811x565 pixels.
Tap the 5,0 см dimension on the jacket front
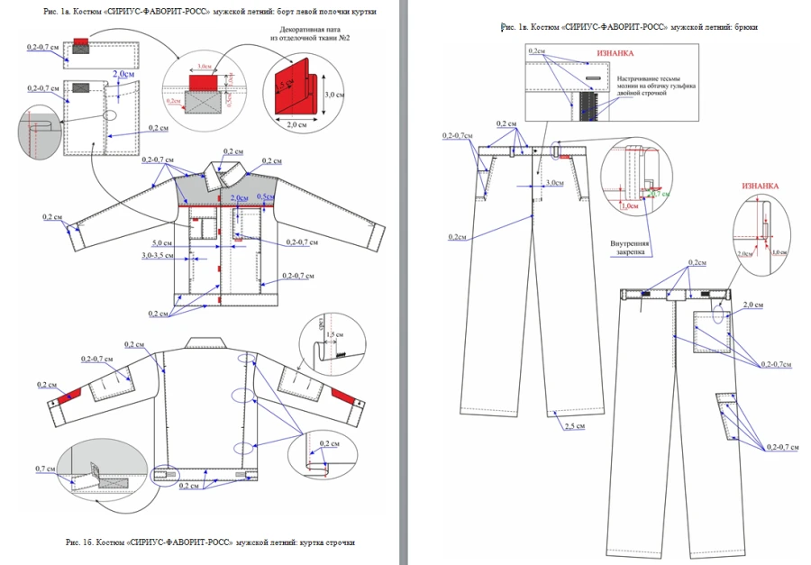pyautogui.click(x=161, y=242)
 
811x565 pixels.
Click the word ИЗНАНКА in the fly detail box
pyautogui.click(x=616, y=53)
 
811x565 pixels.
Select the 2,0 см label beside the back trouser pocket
pyautogui.click(x=754, y=306)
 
